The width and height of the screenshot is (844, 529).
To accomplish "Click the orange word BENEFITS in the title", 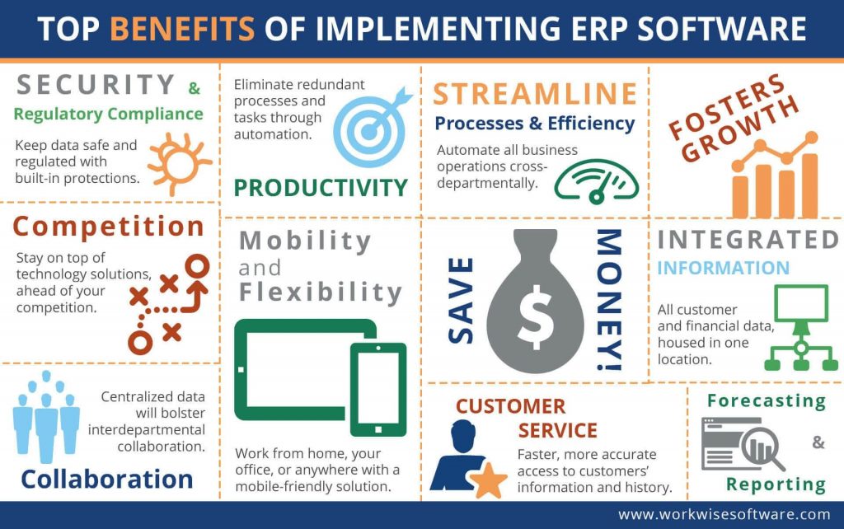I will [x=181, y=29].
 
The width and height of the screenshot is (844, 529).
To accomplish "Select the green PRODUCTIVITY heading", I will [x=321, y=188].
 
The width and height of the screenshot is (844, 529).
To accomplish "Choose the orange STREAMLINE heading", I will [x=535, y=94].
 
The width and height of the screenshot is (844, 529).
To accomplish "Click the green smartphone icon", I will [x=378, y=388].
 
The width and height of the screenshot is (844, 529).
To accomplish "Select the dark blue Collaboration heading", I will [x=107, y=479].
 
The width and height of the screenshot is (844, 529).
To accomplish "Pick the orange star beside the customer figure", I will [x=489, y=480].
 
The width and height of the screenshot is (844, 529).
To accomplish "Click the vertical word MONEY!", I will [x=609, y=300].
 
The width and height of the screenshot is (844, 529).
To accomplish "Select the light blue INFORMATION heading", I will [x=723, y=269].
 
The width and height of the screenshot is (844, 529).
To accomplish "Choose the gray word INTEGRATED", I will [x=748, y=240].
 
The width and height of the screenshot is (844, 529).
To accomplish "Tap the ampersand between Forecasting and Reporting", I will [x=818, y=442].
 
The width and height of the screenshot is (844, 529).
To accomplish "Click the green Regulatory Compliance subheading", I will [x=108, y=114].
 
